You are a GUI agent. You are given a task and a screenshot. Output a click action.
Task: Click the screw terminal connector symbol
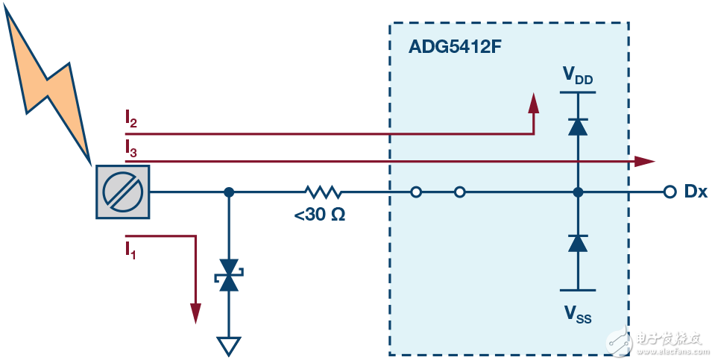tap(123, 192)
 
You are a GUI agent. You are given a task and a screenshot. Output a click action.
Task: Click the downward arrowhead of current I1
tap(196, 313)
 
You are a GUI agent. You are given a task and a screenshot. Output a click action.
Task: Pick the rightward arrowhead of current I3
tap(645, 161)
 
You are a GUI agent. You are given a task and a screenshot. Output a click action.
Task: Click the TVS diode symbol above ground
tap(229, 275)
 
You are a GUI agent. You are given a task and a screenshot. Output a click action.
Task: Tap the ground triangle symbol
tap(229, 345)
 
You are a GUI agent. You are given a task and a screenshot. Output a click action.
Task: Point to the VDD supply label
tap(578, 75)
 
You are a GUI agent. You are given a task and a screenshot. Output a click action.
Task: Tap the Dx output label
tap(695, 192)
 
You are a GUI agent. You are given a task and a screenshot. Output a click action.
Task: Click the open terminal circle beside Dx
tap(669, 192)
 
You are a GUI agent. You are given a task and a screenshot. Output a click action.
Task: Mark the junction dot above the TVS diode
tap(229, 192)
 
